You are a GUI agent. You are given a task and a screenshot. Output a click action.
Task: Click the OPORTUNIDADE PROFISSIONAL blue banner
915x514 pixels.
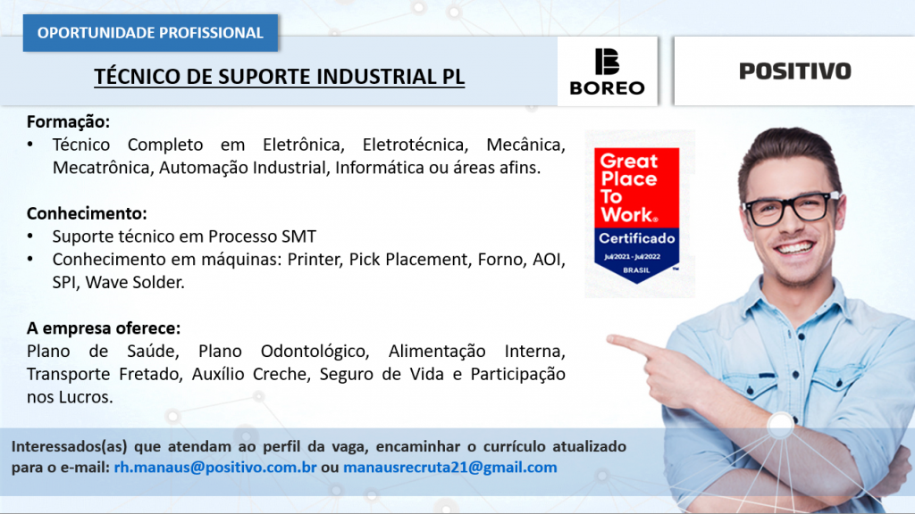150,33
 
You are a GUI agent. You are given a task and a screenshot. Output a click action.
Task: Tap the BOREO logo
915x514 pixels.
607,71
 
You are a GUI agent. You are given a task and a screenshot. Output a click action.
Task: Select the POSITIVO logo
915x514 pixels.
794,71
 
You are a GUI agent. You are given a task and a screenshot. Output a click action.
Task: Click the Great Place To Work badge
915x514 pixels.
636,215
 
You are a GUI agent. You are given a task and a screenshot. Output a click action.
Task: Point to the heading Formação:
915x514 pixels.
68,121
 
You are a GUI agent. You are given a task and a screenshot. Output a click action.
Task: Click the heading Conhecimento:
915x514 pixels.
87,213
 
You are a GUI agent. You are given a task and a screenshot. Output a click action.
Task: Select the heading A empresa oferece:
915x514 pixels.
104,328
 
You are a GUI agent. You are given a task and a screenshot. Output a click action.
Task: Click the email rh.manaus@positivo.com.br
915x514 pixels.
215,467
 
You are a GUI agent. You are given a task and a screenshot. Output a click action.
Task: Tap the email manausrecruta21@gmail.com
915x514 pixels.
450,467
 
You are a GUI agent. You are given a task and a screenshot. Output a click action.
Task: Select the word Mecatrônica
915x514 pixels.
103,168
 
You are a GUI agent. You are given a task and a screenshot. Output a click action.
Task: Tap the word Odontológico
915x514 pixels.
315,352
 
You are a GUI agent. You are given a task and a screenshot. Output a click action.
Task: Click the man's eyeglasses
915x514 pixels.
792,209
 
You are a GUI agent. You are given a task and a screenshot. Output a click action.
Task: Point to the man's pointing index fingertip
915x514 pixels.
610,339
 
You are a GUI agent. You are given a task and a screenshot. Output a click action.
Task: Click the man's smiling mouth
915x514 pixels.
793,248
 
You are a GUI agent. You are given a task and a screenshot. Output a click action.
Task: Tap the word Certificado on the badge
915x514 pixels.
636,238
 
